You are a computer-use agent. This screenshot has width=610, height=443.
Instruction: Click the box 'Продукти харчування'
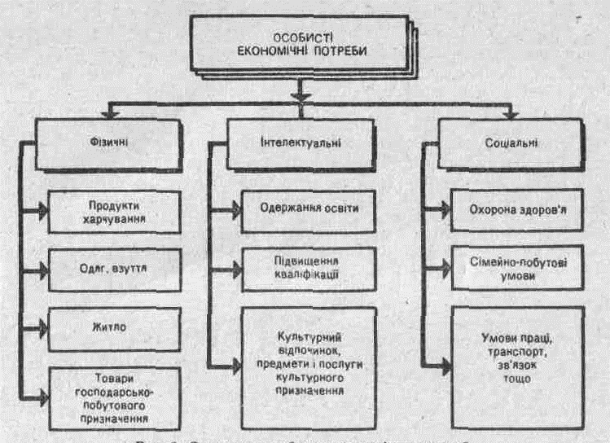pyautogui.click(x=113, y=210)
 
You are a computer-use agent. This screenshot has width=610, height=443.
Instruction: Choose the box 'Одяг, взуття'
pyautogui.click(x=113, y=268)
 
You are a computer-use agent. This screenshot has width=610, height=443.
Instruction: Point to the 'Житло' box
pyautogui.click(x=113, y=327)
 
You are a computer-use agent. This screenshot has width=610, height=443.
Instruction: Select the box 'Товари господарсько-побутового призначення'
pyautogui.click(x=113, y=397)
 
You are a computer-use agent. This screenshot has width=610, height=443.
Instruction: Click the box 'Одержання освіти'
pyautogui.click(x=310, y=208)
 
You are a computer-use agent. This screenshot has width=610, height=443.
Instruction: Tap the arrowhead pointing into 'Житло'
pyautogui.click(x=42, y=328)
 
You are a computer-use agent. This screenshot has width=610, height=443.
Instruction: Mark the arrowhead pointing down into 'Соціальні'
pyautogui.click(x=511, y=112)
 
